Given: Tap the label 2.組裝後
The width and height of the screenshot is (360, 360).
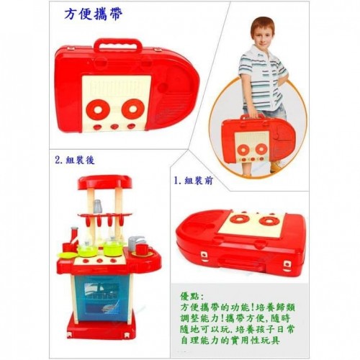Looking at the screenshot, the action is [75, 160].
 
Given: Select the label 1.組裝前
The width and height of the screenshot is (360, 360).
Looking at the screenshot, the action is [194, 180].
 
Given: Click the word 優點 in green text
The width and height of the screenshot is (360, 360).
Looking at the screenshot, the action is [189, 297].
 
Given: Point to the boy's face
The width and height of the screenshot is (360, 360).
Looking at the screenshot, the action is [263, 35].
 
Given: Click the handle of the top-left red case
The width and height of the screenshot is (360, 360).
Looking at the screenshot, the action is [118, 45].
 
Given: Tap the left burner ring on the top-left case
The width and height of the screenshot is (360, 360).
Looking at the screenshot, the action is [98, 109].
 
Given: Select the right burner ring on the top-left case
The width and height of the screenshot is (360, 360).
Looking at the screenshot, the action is [133, 109].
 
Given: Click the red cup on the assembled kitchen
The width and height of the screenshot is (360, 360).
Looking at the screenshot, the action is [142, 250].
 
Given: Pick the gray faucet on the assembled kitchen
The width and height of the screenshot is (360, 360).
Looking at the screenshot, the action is [136, 242].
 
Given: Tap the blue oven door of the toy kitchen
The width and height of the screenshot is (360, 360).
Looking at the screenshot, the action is [102, 297].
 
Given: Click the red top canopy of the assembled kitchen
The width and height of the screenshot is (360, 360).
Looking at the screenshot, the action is [105, 182].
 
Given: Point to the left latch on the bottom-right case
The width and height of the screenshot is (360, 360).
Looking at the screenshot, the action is [204, 256].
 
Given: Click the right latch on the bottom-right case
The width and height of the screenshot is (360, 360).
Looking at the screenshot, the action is [287, 265].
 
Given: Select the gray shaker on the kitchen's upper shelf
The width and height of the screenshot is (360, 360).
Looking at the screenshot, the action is [97, 207].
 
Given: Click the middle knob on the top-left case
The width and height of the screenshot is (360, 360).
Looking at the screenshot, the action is [114, 126].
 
